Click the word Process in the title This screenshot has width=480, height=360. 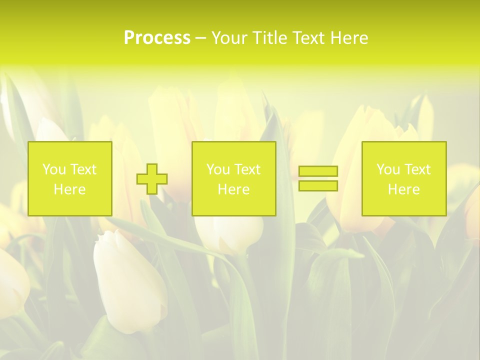(157, 38)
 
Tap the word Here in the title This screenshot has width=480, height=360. (349, 38)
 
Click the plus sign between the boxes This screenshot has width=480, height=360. (152, 179)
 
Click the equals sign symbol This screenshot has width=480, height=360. (318, 178)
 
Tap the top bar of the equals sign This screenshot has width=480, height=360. (318, 171)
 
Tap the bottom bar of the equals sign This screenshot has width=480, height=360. (318, 186)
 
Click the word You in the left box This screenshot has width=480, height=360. (54, 169)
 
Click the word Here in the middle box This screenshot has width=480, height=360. (234, 189)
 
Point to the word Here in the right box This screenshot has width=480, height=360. (404, 189)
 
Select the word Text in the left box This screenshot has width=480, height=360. (83, 169)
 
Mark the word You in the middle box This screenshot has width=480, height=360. (218, 169)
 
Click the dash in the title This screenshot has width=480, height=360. (200, 38)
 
